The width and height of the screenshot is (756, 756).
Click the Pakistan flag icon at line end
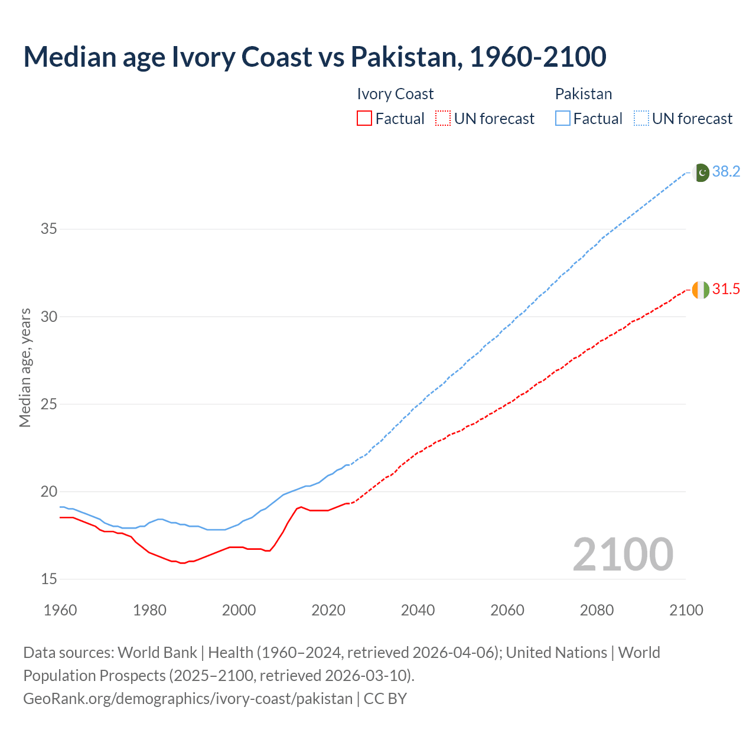(700, 172)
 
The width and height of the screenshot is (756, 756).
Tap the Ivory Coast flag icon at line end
(700, 290)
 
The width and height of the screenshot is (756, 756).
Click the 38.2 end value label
(726, 172)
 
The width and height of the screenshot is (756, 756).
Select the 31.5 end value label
(726, 289)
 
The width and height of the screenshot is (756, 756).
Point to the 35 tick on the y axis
(48, 229)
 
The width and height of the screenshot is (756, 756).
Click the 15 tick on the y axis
(48, 579)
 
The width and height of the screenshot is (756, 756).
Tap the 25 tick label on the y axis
(48, 405)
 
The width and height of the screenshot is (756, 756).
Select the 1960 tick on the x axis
(60, 610)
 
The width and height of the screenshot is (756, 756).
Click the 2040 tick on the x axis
(418, 610)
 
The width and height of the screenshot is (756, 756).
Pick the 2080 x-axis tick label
(597, 610)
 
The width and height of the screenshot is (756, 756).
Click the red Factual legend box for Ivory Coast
(364, 119)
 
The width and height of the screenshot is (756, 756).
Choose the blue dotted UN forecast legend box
(641, 119)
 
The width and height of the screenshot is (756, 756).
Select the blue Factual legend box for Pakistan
(563, 119)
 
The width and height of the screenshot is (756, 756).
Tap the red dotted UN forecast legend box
(443, 119)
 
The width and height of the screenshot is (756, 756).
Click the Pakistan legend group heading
(584, 94)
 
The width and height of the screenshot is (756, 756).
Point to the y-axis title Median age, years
(25, 367)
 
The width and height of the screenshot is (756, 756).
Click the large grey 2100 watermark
(623, 554)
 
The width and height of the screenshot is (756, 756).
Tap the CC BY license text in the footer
(385, 699)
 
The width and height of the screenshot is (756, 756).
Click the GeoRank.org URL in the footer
(188, 699)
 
